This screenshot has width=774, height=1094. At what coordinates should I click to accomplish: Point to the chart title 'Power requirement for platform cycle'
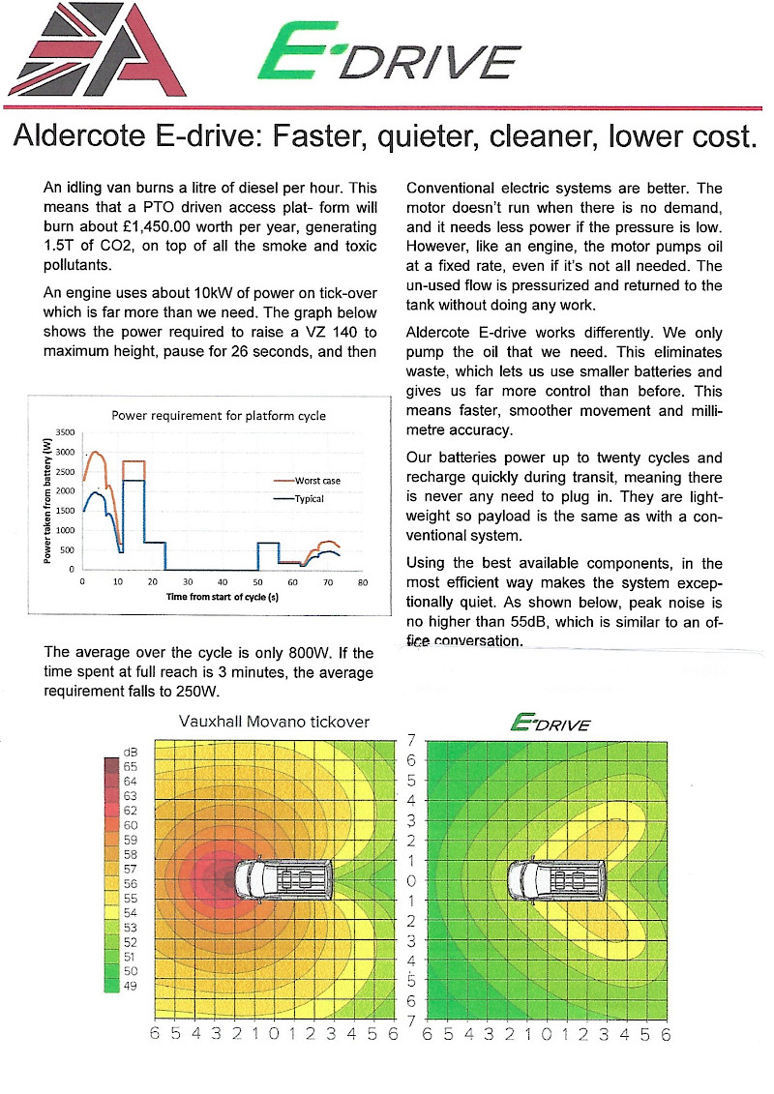219,416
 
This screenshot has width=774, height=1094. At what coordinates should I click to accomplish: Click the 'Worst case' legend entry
316,481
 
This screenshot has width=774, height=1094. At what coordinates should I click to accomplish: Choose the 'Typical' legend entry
311,499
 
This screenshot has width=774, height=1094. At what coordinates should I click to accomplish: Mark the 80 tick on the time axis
363,582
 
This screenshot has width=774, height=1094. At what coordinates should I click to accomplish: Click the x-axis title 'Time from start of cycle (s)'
223,598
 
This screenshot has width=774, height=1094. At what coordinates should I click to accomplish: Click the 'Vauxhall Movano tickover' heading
275,722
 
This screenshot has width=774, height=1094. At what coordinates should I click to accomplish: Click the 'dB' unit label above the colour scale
132,752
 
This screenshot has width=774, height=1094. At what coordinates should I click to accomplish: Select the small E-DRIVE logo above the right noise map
550,724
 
